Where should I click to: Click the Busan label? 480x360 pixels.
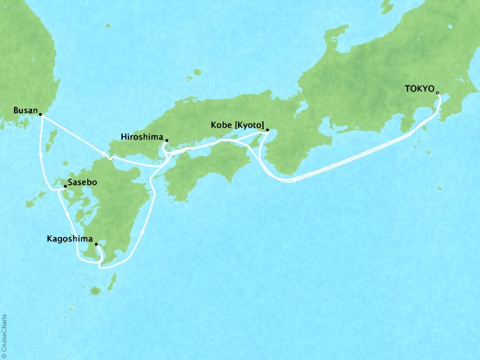tap(26, 110)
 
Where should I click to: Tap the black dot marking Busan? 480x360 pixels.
tap(40, 114)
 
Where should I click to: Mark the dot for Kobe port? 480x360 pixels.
tap(267, 129)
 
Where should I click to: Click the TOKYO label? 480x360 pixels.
tap(419, 89)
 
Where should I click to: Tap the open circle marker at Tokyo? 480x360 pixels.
tap(437, 92)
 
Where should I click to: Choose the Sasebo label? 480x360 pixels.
tap(83, 183)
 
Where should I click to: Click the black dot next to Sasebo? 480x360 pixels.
tap(65, 186)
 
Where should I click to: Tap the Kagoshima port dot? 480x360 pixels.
tap(96, 244)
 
